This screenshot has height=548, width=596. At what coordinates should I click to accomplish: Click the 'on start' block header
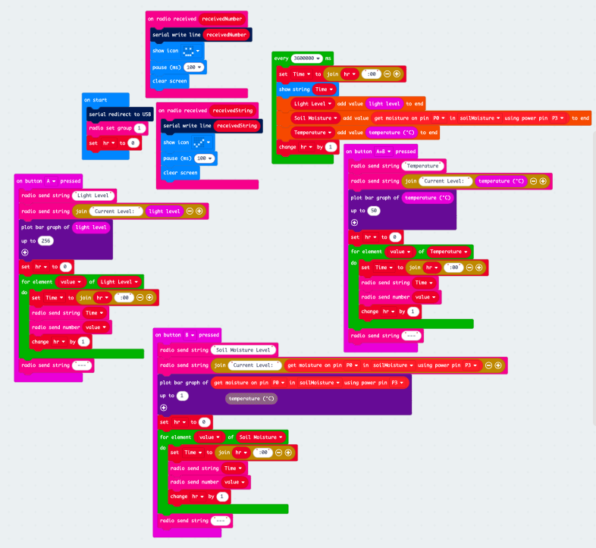click(96, 99)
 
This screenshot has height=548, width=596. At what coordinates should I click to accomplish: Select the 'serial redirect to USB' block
click(119, 114)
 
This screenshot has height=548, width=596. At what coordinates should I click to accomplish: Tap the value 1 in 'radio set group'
click(140, 128)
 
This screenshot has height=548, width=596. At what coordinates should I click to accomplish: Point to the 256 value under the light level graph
click(46, 240)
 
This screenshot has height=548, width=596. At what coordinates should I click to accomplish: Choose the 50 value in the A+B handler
click(374, 211)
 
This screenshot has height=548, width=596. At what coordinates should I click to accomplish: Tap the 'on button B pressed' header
click(187, 334)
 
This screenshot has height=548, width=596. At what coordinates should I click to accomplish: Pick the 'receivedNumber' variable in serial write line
click(227, 34)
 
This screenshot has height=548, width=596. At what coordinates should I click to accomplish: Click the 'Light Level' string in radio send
click(91, 196)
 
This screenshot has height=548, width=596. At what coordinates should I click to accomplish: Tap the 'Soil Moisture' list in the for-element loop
click(258, 437)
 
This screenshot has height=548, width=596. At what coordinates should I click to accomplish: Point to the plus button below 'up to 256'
click(25, 252)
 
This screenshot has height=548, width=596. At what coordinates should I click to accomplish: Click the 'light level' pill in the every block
click(384, 103)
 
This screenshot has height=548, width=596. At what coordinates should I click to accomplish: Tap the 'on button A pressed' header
click(48, 180)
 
